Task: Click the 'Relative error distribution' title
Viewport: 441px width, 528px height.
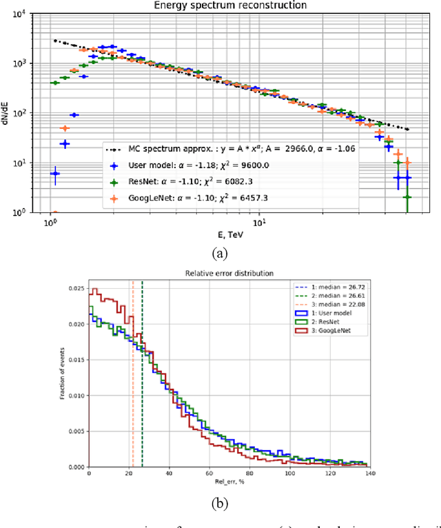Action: [229, 273]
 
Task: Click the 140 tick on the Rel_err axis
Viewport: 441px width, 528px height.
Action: [370, 474]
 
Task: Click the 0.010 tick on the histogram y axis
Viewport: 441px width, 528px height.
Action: [77, 396]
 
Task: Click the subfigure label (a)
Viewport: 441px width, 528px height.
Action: [220, 254]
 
